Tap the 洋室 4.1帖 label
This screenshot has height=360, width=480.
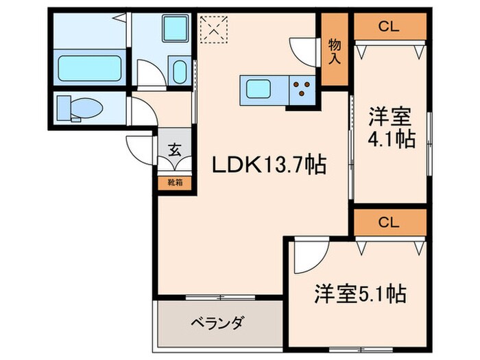pos(391,128)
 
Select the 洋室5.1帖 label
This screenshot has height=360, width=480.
pos(360,295)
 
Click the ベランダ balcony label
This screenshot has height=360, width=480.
pos(218,322)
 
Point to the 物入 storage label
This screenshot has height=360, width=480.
pos(335,52)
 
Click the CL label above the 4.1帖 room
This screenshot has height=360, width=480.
pos(389,27)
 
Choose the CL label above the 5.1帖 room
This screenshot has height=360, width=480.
pos(389,221)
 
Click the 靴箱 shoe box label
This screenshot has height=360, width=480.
pos(176,183)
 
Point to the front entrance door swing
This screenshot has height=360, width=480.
pos(141,147)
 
